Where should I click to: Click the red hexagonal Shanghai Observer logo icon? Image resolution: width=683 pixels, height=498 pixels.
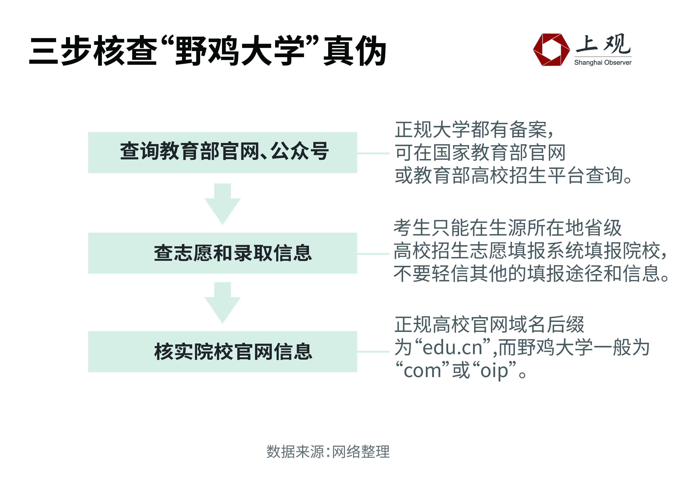551,50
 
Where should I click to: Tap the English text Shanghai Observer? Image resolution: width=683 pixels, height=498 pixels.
603,63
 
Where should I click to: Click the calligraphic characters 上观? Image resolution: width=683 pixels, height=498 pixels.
603,44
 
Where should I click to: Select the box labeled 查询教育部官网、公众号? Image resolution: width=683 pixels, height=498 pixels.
222,153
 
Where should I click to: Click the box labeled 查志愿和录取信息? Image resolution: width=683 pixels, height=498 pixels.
222,253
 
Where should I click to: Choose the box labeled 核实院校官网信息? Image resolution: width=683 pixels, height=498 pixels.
222,352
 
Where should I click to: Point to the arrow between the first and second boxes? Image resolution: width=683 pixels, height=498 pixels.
222,204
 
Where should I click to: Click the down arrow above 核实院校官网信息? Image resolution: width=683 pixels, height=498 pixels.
222,303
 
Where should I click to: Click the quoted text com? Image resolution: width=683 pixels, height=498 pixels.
423,371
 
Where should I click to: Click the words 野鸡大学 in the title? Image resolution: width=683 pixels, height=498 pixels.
240,50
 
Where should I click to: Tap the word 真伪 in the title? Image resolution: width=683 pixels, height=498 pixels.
355,50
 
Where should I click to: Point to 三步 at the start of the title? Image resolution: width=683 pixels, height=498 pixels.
60,50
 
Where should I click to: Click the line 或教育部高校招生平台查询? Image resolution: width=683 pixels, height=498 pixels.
513,175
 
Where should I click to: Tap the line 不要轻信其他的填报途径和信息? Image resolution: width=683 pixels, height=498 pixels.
531,274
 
